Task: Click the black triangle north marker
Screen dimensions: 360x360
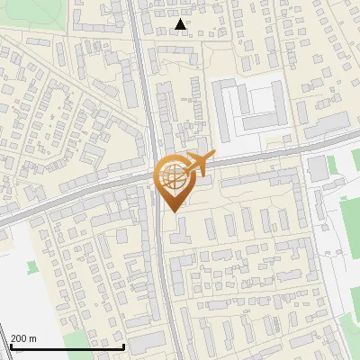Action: pyautogui.click(x=182, y=24)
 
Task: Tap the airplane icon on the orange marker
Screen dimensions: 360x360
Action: pyautogui.click(x=198, y=163)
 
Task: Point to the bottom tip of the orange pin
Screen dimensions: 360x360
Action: pyautogui.click(x=172, y=211)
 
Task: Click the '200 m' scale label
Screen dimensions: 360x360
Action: pyautogui.click(x=23, y=338)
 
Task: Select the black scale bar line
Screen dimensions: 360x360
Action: pyautogui.click(x=67, y=346)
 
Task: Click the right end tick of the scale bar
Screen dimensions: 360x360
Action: pyautogui.click(x=124, y=345)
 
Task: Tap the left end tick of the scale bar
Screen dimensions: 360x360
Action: pyautogui.click(x=11, y=345)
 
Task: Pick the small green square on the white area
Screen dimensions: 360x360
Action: pyautogui.click(x=33, y=267)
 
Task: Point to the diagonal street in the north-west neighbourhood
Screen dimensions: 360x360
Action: pyautogui.click(x=54, y=90)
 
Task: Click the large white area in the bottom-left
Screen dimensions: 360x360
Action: pyautogui.click(x=18, y=288)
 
